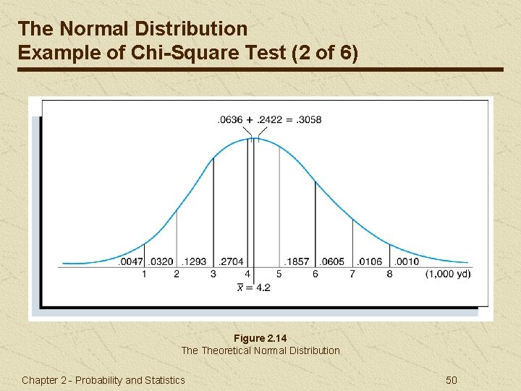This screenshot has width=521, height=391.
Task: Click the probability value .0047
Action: tap(131, 261)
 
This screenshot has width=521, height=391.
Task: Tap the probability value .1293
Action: tap(194, 261)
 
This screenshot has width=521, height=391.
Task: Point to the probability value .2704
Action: tap(232, 261)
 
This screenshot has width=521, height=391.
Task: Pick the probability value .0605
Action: tap(333, 261)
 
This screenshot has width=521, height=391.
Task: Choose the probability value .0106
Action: tap(370, 261)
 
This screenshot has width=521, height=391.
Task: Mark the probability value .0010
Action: tap(407, 261)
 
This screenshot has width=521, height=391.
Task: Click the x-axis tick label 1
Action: tap(143, 274)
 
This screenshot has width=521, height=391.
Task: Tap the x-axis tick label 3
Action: tap(213, 274)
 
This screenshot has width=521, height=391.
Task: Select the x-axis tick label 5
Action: tap(279, 274)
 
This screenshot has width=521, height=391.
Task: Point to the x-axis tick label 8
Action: tap(389, 274)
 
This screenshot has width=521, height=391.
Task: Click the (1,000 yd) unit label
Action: tap(449, 274)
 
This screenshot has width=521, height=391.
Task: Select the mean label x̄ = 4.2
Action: tap(253, 287)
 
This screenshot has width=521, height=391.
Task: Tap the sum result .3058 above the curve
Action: tap(308, 119)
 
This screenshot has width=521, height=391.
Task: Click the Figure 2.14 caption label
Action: tap(260, 338)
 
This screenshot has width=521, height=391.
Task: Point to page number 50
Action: tap(452, 380)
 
